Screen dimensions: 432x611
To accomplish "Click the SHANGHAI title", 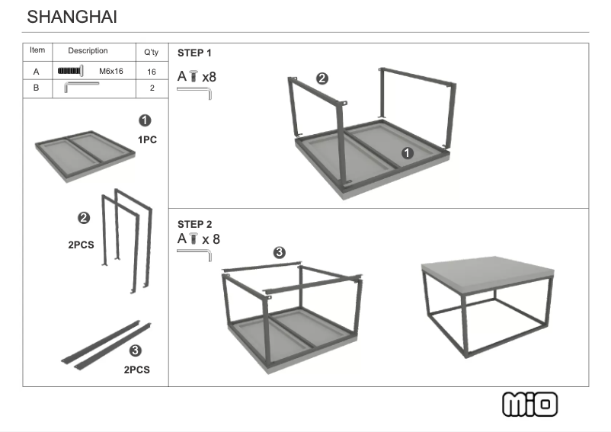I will pos(72,17).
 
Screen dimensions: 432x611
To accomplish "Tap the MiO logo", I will pos(530,404).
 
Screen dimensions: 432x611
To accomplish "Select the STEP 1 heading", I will pos(194,53).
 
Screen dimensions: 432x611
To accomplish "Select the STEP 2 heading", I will pos(194,224).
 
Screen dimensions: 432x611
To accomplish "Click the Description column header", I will pos(88,51).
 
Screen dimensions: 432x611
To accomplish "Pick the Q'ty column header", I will pos(151,52).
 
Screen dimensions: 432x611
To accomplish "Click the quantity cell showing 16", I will pos(151,72).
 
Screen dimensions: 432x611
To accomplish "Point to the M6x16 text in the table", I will pos(111,72).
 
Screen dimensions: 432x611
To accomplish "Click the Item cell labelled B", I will pos(36,88).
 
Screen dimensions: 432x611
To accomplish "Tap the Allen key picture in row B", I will pos(81,87).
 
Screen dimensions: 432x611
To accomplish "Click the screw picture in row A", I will pos(70,71).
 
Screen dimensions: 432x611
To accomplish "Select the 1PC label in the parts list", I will pos(147,139).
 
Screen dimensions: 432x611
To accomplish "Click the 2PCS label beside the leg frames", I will pos(81,245).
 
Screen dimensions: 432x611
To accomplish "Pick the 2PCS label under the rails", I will pos(136,370).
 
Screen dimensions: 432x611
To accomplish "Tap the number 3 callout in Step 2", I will pos(280,252).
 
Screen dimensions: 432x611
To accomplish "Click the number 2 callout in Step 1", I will pos(322,78).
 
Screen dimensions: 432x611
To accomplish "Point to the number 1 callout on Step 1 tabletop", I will pos(407,153).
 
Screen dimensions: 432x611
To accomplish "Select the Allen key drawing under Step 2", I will pos(194,254).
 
